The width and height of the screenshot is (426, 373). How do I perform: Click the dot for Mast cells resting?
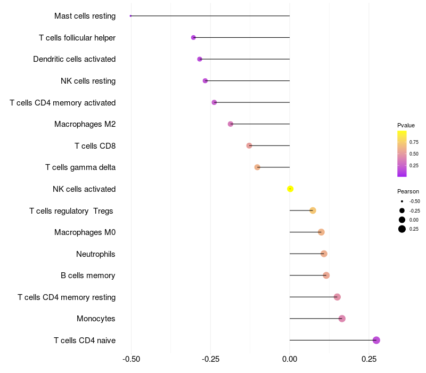pos(130,16)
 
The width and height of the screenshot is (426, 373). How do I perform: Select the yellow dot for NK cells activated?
pos(290,189)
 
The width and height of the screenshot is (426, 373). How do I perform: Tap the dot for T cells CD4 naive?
pos(376,340)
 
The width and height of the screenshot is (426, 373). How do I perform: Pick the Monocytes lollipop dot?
pos(342,319)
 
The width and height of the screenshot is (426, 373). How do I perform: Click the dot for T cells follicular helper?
pos(193,37)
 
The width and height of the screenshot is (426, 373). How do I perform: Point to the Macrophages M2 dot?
pos(231,124)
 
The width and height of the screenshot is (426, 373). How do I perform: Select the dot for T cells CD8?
pos(249,145)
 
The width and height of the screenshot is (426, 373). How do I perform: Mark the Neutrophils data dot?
pos(324,254)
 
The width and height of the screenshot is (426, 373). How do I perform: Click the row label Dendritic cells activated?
pos(74,59)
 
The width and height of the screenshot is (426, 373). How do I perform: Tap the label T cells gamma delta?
pos(80,167)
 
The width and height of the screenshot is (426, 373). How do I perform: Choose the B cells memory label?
pos(88,275)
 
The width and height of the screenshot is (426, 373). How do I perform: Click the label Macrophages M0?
pos(85,232)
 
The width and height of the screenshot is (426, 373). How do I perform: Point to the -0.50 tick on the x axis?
pos(131,360)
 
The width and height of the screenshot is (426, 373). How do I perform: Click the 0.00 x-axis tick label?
pos(290,360)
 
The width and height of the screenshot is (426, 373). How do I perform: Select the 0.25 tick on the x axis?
pos(368,360)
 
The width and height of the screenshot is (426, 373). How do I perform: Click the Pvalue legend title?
pos(406,125)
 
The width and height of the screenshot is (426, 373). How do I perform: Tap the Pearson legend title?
pos(408,191)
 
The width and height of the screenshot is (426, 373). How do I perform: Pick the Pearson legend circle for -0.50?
pos(402,201)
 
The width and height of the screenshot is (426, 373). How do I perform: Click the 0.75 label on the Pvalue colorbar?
pos(414,142)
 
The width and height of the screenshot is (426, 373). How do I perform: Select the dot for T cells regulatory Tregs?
pos(313,210)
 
